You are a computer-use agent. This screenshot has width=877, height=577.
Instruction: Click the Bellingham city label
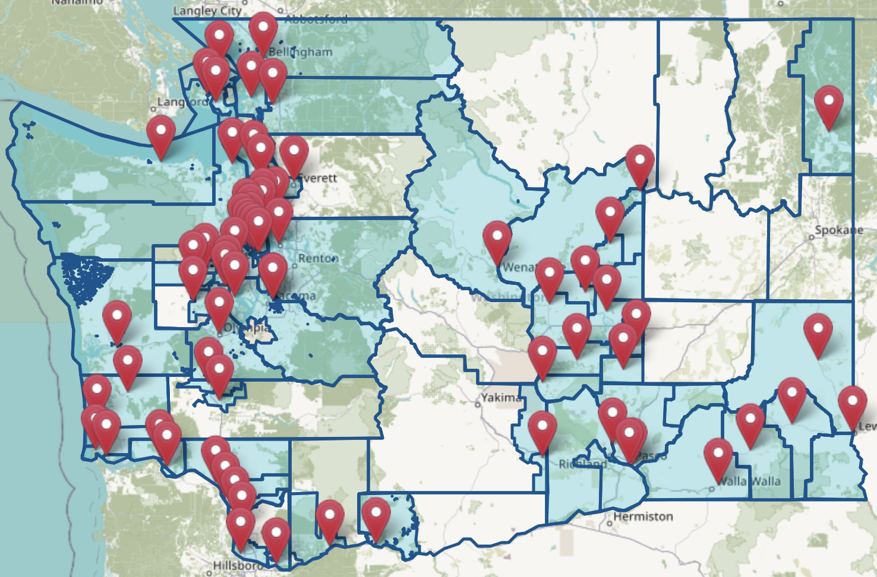(301, 52)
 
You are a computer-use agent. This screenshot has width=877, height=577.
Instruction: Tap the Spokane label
(839, 230)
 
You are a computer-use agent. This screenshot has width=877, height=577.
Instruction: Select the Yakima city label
(500, 397)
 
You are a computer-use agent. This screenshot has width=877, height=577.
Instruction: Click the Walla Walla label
(748, 481)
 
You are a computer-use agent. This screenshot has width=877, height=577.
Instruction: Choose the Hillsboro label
(238, 565)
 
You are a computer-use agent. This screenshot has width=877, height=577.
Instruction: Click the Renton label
(317, 258)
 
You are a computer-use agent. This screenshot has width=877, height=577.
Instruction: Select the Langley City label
(207, 11)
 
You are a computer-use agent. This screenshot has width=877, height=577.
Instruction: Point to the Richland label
(582, 464)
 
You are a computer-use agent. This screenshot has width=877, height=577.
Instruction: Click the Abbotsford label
(316, 19)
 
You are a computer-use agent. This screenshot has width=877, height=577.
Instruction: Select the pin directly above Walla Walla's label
(718, 458)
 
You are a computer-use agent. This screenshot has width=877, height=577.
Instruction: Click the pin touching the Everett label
(294, 154)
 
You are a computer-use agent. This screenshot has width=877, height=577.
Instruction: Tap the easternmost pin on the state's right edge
(853, 405)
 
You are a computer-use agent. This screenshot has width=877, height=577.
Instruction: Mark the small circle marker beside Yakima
(478, 404)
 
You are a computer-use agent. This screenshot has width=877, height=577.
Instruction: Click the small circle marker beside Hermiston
(609, 524)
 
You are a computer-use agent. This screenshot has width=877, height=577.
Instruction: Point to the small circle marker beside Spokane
(812, 237)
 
